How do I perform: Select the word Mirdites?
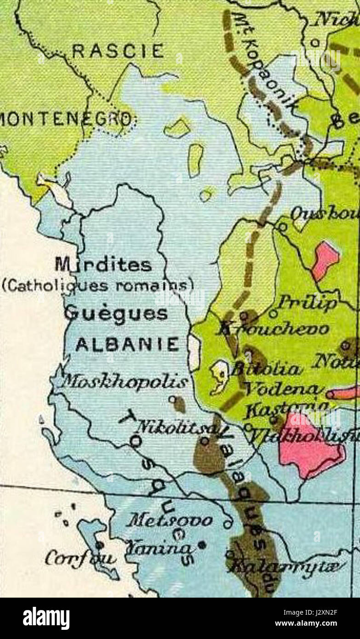coord(103,265)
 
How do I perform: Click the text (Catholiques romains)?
coord(97,286)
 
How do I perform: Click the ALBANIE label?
coord(127,344)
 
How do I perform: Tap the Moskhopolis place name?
coord(125,381)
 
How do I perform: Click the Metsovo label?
coord(171,521)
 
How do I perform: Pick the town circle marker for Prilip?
coord(274,314)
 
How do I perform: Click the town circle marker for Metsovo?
coord(227,524)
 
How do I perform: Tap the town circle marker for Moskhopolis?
coord(172,399)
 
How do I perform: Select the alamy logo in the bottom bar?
coord(46,618)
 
